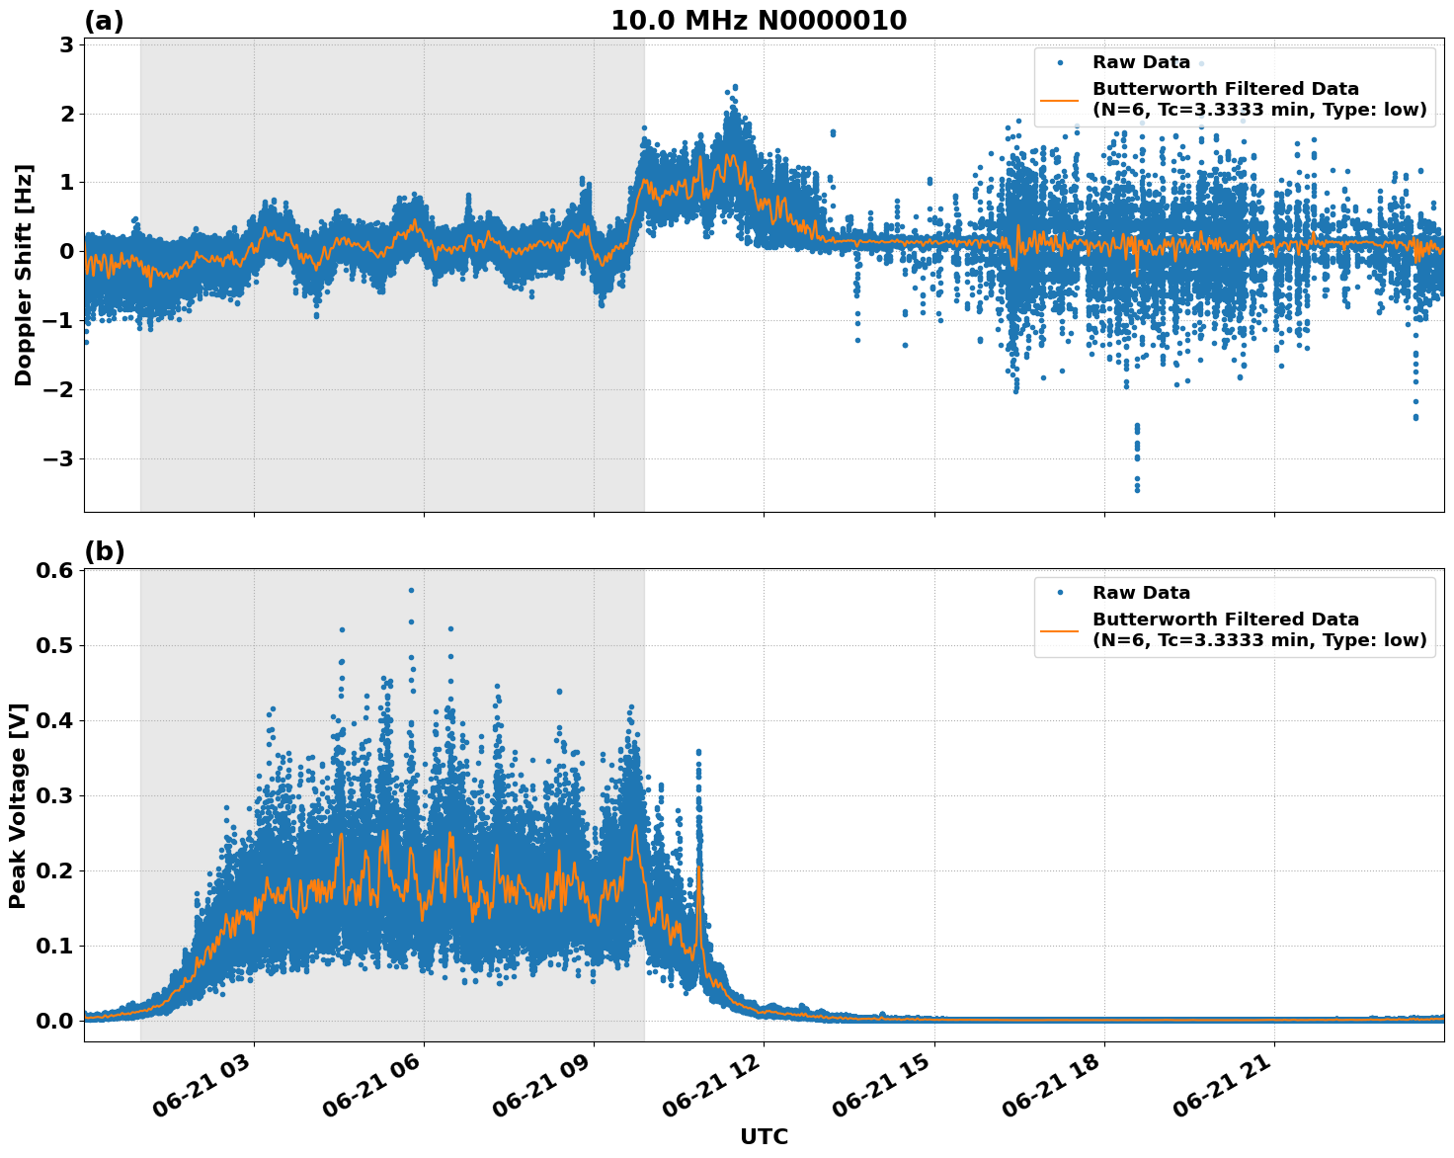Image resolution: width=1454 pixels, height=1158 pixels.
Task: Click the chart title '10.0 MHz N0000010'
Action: point(758,21)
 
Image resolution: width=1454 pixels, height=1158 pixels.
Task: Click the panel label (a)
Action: point(104,21)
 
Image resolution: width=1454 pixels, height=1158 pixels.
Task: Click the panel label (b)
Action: point(104,552)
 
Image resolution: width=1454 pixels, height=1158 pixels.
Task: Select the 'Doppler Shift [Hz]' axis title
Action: point(24,276)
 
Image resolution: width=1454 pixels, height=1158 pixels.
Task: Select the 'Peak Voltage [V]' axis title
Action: point(18,805)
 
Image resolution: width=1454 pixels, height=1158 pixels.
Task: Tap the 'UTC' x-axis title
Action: point(764,1136)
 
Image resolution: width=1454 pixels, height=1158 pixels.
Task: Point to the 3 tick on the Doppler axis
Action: point(65,44)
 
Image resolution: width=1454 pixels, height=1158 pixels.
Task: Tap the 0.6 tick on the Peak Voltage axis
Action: point(55,570)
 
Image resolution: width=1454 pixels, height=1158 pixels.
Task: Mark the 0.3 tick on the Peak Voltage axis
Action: point(55,795)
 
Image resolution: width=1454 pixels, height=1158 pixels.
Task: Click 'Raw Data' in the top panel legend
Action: point(1141,62)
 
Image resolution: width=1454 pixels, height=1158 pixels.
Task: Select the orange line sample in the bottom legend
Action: point(1059,630)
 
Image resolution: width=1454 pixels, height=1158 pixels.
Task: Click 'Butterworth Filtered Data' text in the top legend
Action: point(1225,89)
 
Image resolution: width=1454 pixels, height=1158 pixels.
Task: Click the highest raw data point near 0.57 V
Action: point(411,590)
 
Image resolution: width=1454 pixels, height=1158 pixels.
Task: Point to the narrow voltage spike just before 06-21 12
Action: point(698,753)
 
